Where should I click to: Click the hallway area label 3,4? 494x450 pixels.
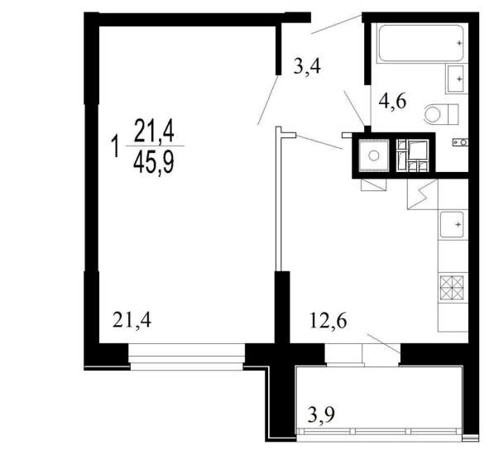pos(307,67)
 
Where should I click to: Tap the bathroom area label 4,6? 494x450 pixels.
pos(392,102)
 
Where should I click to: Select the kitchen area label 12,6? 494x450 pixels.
pos(329,321)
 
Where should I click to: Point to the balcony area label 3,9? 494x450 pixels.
pos(321,416)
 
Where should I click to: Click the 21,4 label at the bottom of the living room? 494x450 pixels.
pos(132,320)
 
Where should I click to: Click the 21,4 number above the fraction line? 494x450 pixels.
pos(154,131)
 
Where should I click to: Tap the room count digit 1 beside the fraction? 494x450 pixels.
pos(116,146)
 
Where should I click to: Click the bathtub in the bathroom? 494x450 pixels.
pos(421,44)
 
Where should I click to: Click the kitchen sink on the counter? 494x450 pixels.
pos(452,224)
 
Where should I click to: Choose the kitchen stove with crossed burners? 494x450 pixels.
pos(452,288)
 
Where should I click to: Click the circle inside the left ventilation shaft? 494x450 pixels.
pos(374,155)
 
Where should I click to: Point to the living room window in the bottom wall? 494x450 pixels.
pos(186,357)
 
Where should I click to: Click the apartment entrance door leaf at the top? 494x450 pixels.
pos(337,24)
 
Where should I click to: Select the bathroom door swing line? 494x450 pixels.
pos(355,108)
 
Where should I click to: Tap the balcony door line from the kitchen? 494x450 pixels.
pos(384,343)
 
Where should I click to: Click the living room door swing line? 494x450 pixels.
pos(268,100)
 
